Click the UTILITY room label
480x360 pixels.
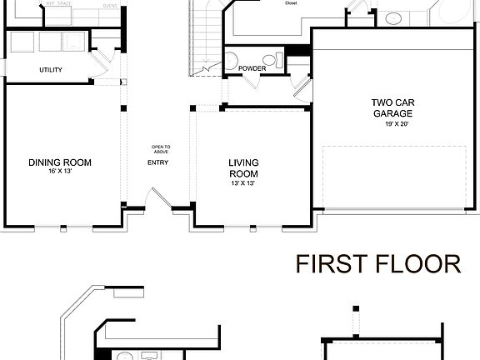[x=50, y=70]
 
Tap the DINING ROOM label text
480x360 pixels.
[x=59, y=162]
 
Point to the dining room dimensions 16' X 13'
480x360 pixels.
[x=59, y=171]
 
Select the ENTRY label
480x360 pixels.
[x=158, y=162]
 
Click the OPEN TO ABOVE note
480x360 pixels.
[x=161, y=149]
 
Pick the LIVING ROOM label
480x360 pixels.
[x=243, y=168]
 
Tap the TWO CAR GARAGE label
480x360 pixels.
[x=392, y=108]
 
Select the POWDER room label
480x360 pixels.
[x=251, y=68]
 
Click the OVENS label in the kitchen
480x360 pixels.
[x=109, y=4]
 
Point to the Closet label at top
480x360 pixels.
[x=291, y=3]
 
